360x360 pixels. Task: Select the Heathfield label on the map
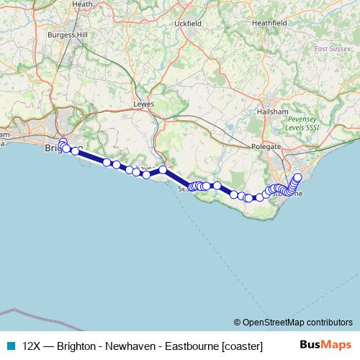[269, 23]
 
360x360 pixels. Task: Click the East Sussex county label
[333, 49]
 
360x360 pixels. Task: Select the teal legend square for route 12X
[10, 345]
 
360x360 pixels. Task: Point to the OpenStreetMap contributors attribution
[293, 323]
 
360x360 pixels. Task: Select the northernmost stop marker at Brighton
[63, 143]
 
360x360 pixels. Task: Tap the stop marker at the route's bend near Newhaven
[163, 170]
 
